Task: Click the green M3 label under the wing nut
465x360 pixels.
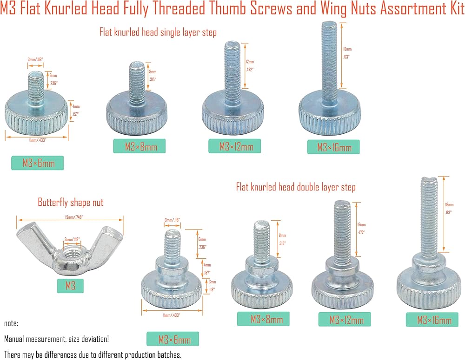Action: click(x=70, y=285)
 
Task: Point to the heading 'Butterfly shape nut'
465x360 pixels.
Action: click(x=71, y=203)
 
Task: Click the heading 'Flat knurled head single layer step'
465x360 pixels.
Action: click(x=158, y=33)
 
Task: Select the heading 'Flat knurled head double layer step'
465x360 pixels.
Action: click(x=296, y=187)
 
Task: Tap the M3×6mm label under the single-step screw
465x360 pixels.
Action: click(x=37, y=163)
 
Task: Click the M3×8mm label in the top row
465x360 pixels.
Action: click(x=139, y=147)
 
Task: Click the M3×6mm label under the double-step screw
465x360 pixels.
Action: click(x=173, y=339)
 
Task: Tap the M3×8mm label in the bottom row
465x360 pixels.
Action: click(x=263, y=319)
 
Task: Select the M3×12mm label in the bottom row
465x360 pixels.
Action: click(x=345, y=320)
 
